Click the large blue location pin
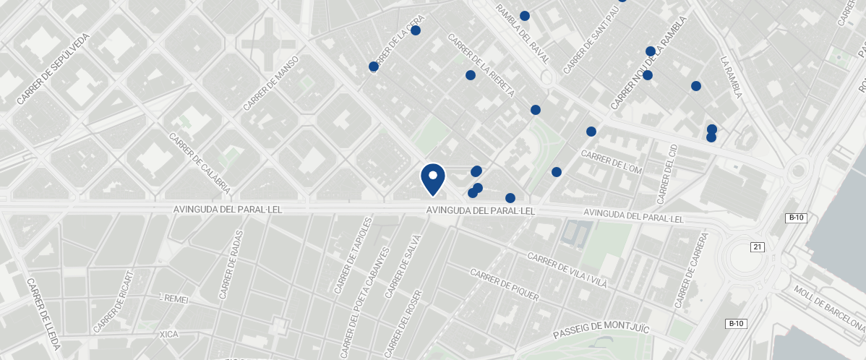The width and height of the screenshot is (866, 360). coord(432,178)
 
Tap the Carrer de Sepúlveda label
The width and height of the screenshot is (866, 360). coord(53,68)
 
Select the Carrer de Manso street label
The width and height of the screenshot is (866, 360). coord(271,84)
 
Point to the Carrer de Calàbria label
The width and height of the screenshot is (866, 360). coord(199,163)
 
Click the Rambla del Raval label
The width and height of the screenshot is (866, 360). coord(523,33)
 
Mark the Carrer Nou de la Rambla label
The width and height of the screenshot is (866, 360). coord(647,72)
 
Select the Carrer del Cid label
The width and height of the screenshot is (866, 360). coord(666,173)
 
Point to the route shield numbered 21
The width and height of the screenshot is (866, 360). coord(758,247)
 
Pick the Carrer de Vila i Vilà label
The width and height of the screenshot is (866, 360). coord(567,271)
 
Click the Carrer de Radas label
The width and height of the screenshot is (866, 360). coord(231,265)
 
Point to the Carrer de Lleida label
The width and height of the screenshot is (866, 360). coord(43,314)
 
